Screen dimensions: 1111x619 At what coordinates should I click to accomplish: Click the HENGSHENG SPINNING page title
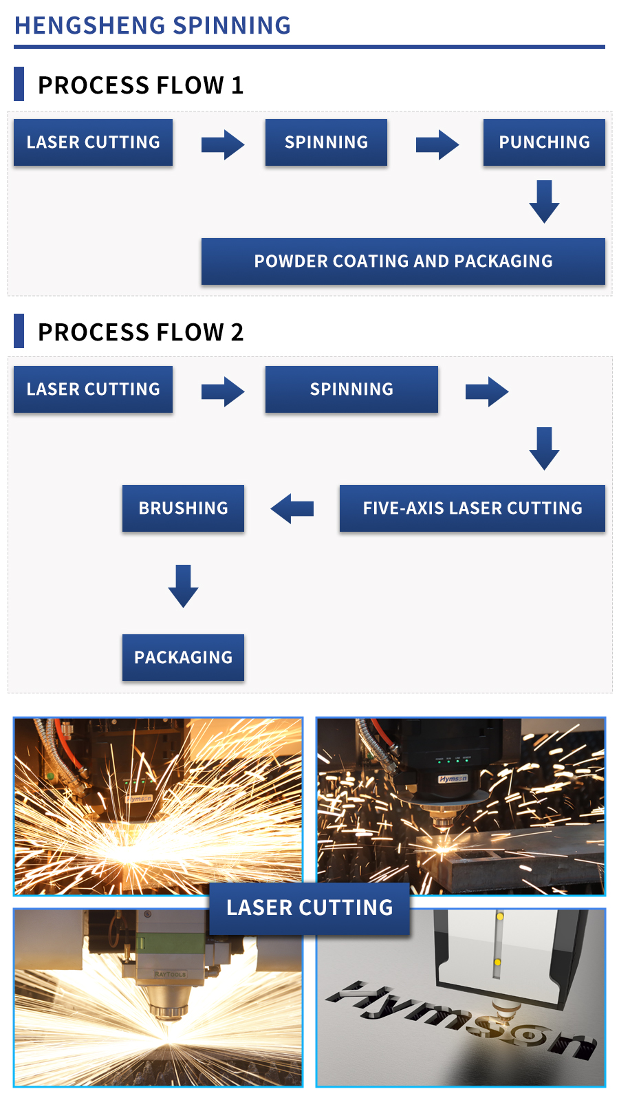(x=153, y=25)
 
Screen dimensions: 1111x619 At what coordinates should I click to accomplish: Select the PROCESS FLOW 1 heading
(x=140, y=85)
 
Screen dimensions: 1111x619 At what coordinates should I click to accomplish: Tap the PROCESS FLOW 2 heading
(x=140, y=332)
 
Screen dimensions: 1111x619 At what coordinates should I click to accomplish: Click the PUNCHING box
(x=544, y=142)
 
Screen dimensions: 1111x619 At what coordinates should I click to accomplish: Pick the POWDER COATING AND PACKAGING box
(x=403, y=261)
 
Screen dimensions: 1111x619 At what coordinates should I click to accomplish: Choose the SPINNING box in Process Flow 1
(x=326, y=142)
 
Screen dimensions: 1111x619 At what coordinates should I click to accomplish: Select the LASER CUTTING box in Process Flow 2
(x=93, y=389)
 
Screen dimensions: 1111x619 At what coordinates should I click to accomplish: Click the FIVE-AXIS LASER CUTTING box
(x=472, y=508)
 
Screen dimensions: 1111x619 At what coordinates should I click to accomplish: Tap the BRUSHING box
(x=183, y=508)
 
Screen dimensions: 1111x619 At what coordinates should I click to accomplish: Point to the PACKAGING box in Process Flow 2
(x=183, y=658)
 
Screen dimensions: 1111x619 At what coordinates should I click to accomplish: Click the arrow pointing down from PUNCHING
(x=544, y=202)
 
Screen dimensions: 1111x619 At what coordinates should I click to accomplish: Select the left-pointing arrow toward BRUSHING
(x=292, y=508)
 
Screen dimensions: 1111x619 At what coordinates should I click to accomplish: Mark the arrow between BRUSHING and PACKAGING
(x=183, y=585)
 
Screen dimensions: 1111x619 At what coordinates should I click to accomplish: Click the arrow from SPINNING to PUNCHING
(x=437, y=144)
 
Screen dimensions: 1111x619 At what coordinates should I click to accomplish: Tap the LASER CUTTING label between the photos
(x=309, y=908)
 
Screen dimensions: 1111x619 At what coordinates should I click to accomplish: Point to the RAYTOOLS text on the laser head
(x=170, y=974)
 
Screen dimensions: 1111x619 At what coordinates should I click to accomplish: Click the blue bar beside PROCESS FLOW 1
(x=19, y=84)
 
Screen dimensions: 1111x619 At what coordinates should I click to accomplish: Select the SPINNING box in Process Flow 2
(x=351, y=389)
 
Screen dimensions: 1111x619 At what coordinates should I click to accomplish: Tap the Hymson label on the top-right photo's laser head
(x=453, y=779)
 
